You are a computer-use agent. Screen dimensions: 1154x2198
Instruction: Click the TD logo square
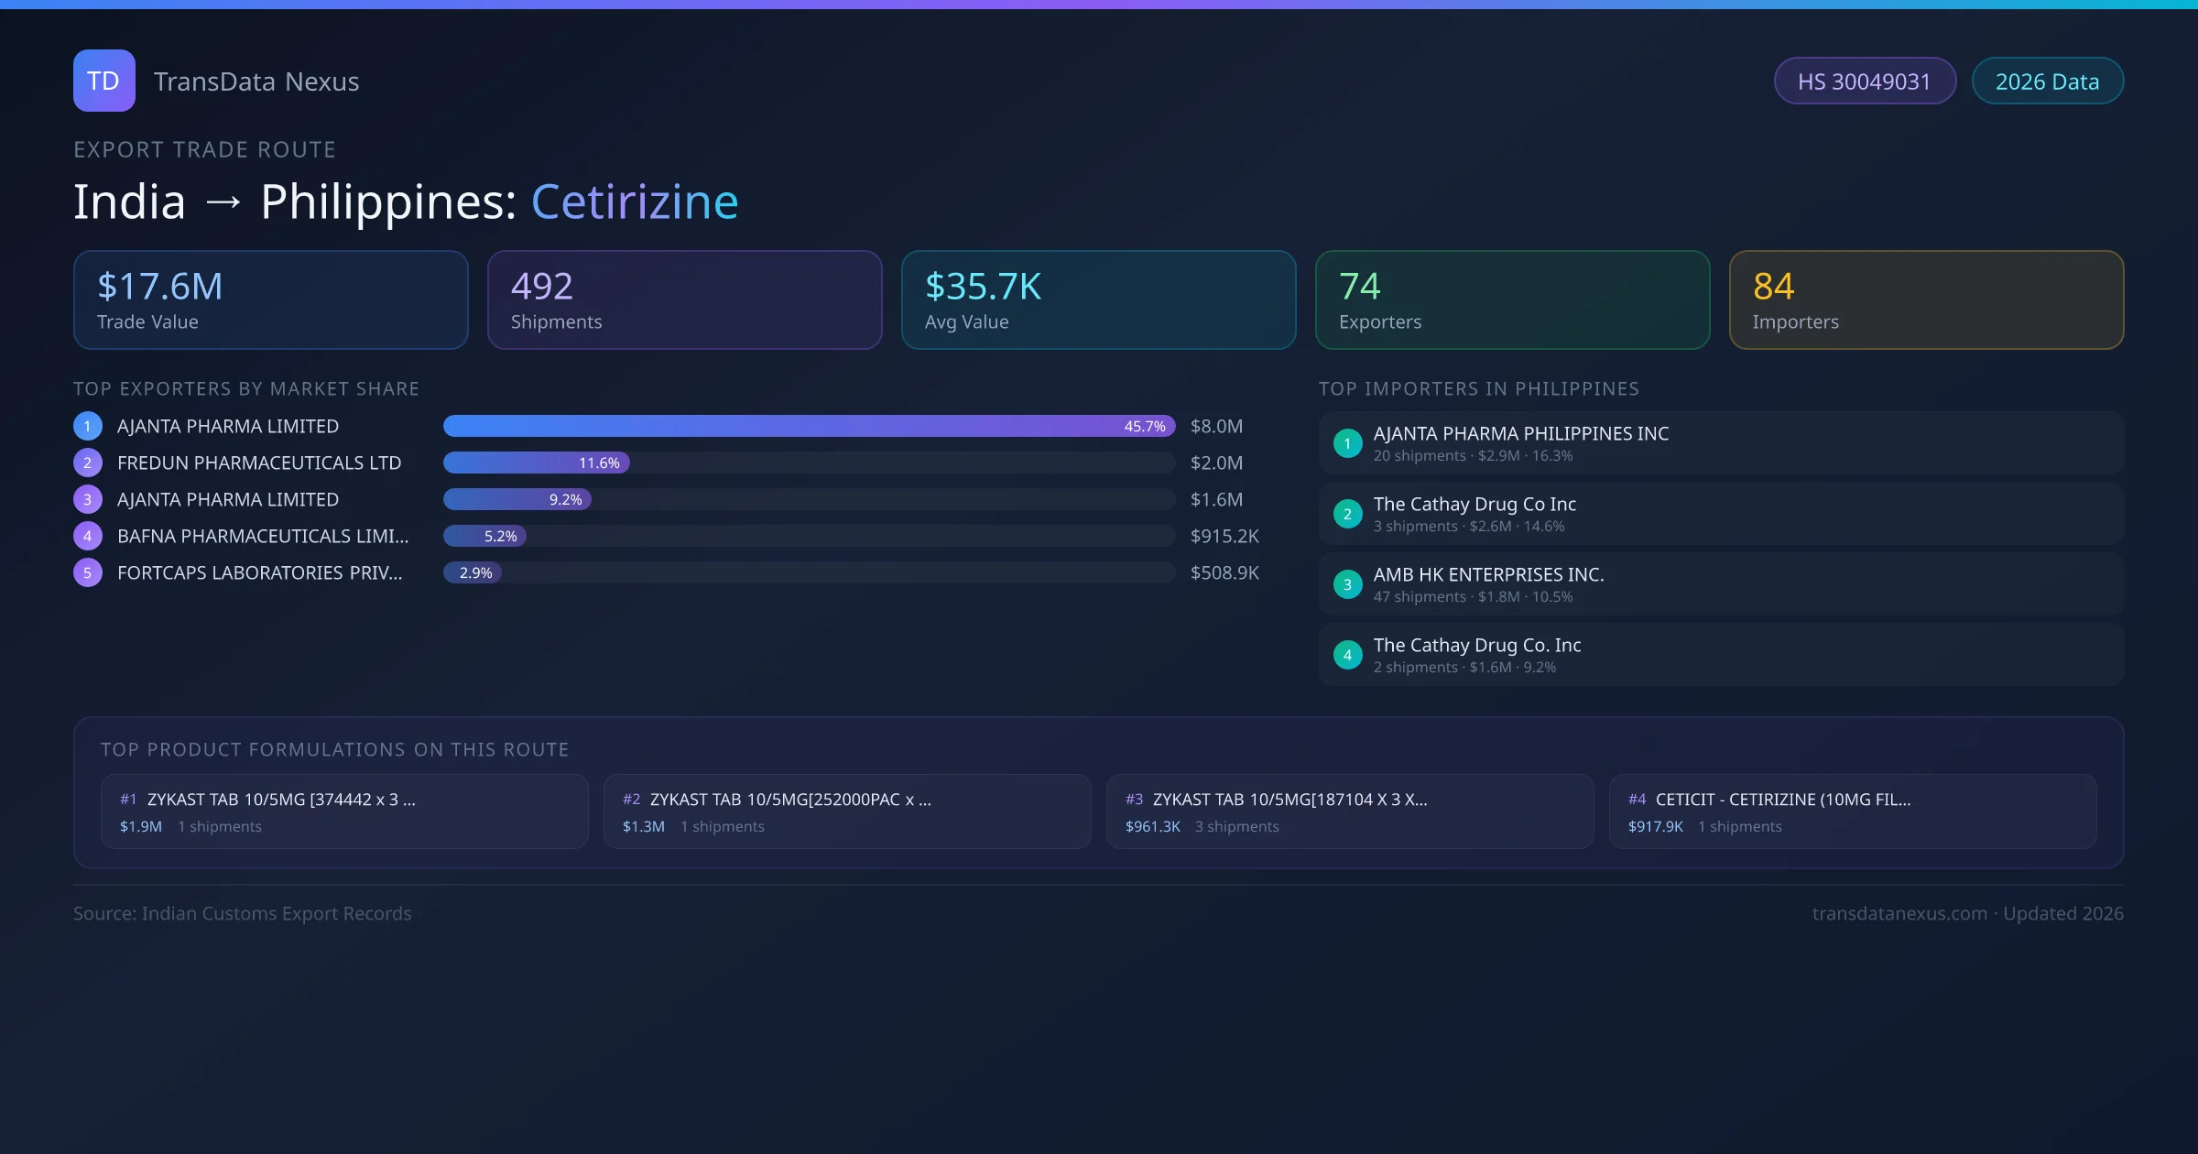[103, 81]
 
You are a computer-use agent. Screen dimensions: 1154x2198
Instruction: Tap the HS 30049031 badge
[1864, 82]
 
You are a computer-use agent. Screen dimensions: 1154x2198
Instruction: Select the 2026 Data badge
[2047, 82]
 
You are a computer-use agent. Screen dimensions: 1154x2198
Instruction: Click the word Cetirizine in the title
[634, 201]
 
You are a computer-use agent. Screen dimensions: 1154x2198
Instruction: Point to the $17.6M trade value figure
[159, 287]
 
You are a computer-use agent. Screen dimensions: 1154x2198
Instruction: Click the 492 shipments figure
[541, 287]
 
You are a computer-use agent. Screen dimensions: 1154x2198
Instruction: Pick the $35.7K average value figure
[983, 287]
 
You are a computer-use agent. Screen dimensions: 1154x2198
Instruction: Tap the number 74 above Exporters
[1359, 287]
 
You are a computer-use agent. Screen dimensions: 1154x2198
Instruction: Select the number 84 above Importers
[1773, 287]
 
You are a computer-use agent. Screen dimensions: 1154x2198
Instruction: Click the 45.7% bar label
[1144, 427]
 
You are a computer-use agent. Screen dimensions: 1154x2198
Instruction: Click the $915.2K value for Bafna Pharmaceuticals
[1224, 537]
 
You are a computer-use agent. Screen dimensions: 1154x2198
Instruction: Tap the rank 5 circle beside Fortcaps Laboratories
[88, 573]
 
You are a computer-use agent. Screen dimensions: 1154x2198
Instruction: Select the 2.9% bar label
[475, 573]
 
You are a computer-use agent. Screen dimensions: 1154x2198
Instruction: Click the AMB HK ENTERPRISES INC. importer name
[1488, 575]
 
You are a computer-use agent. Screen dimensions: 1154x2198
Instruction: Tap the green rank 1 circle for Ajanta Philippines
[1347, 443]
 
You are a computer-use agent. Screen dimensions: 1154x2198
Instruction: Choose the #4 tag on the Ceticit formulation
[1637, 800]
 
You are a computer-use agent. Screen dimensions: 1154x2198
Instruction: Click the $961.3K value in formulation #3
[1152, 827]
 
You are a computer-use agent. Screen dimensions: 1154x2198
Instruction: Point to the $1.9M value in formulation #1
[140, 827]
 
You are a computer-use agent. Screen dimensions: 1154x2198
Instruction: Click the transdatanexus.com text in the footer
[1899, 914]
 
